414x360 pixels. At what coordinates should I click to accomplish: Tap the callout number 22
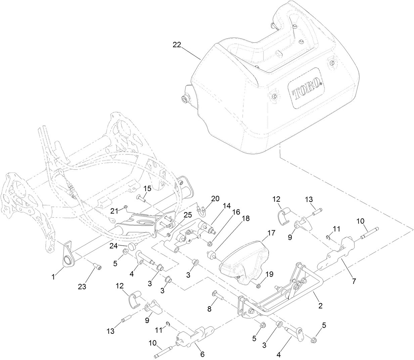pos(177,45)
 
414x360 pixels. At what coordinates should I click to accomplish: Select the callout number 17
pos(271,232)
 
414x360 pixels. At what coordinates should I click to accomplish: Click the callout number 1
pos(53,278)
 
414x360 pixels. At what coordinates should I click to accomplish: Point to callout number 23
pos(82,287)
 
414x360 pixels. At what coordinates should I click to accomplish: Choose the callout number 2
pos(320,306)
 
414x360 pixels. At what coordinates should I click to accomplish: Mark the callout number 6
pos(202,354)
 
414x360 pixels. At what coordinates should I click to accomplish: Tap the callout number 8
pos(209,309)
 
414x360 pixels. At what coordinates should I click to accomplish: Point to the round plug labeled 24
pos(131,247)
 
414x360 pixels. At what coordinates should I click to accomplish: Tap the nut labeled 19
pos(259,286)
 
